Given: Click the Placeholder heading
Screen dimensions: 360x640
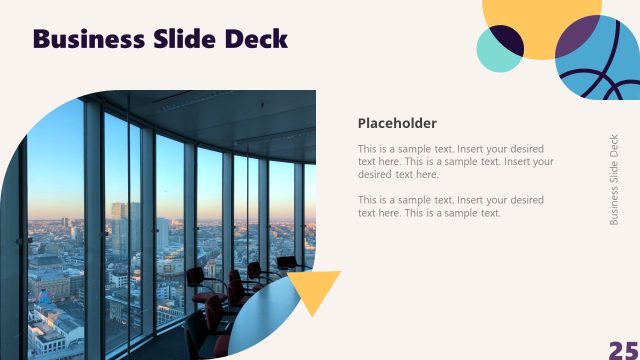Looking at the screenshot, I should point(397,123).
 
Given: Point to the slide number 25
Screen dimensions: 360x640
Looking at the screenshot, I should point(623,349).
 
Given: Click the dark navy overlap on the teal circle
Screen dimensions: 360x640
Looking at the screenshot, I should point(509,40).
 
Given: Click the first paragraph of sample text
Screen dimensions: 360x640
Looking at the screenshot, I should point(455,161).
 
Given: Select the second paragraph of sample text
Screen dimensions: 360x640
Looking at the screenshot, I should point(450,206).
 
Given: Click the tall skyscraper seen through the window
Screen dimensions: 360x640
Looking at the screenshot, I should point(119,230).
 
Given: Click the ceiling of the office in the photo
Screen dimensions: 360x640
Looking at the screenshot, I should point(200,110).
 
